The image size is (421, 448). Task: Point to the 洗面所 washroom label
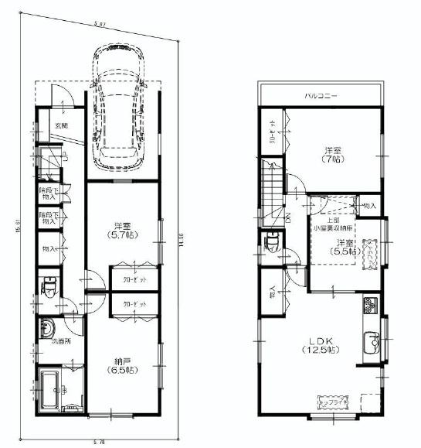tap(61, 341)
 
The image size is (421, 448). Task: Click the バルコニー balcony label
tap(320, 96)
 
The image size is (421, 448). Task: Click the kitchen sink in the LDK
tap(369, 341)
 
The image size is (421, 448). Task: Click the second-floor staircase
tap(273, 190)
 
